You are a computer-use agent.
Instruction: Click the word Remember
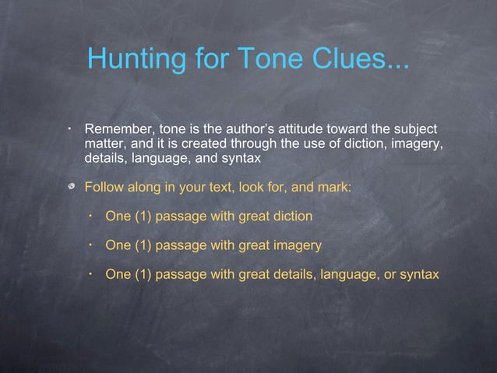tap(116, 128)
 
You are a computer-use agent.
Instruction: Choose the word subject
tap(412, 128)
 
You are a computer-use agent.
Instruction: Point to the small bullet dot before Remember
tap(69, 127)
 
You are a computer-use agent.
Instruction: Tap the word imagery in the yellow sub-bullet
tap(296, 245)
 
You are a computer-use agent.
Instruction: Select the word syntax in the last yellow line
tap(418, 274)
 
